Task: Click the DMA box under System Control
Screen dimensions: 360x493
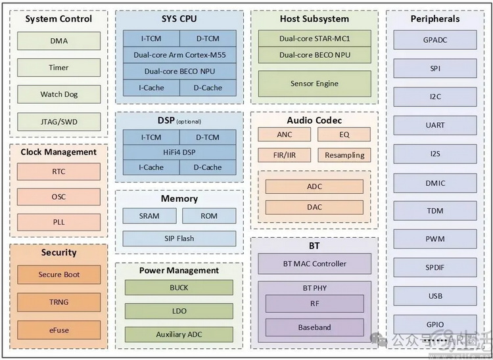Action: tap(59, 41)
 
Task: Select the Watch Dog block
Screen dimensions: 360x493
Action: tap(59, 95)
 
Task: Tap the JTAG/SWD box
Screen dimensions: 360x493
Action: tap(59, 122)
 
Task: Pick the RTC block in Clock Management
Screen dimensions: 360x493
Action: tap(59, 172)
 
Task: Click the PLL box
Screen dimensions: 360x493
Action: tap(59, 223)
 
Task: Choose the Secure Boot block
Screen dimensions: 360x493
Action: tap(59, 275)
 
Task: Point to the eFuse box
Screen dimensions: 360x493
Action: tap(59, 329)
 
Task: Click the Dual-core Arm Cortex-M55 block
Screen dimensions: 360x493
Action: tap(179, 55)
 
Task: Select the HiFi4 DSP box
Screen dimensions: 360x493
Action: tap(179, 152)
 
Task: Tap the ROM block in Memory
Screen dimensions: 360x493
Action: tap(209, 216)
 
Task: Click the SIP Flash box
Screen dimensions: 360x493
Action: tap(179, 238)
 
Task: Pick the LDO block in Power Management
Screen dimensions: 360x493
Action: tap(179, 311)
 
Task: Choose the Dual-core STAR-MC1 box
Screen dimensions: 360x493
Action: tap(314, 39)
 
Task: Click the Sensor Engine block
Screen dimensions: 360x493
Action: tap(314, 83)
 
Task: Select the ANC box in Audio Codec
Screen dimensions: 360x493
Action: tap(285, 135)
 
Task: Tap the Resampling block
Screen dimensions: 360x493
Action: tap(344, 156)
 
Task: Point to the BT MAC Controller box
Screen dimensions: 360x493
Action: tap(314, 264)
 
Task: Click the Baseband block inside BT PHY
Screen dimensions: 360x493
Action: tap(314, 327)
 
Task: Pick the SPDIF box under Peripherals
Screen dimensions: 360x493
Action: tap(435, 268)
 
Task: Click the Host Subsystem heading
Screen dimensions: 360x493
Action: tap(314, 19)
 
